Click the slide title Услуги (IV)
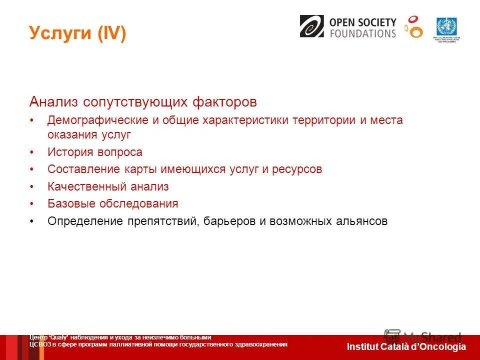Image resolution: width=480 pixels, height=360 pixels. (77, 33)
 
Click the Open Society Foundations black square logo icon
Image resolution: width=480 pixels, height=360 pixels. (312, 26)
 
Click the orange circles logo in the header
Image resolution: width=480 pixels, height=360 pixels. (413, 27)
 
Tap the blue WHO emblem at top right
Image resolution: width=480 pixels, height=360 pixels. (446, 26)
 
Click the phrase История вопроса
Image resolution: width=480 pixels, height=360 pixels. (95, 152)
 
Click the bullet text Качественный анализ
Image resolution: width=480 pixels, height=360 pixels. (108, 186)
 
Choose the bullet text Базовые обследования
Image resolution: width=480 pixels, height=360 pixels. (112, 203)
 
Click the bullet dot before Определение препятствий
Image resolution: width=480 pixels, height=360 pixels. (31, 221)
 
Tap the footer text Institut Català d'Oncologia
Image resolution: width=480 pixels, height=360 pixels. (406, 347)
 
